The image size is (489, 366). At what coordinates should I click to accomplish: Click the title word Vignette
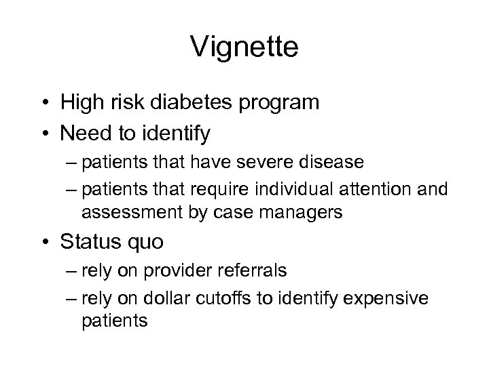pyautogui.click(x=244, y=47)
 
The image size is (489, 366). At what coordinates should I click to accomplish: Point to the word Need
pyautogui.click(x=84, y=134)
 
